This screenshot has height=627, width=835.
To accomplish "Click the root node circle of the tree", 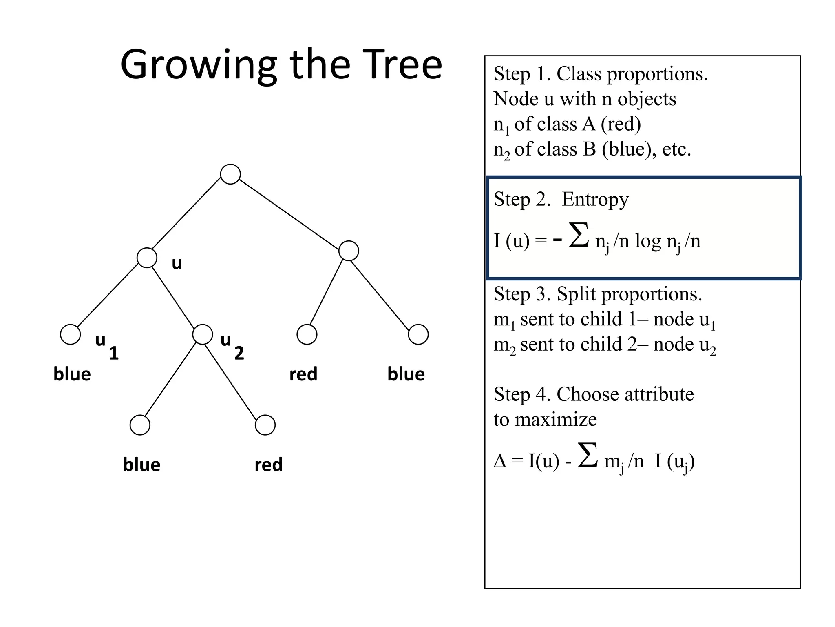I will pos(230,174).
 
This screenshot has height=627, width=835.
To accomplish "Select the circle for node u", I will pos(147,258).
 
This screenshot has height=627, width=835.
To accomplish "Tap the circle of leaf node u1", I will pos(70,335).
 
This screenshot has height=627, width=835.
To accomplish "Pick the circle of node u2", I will pos(202,335).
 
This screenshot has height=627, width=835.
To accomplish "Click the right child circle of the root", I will pos(349,251).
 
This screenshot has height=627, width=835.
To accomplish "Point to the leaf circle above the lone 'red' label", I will pos(307,335).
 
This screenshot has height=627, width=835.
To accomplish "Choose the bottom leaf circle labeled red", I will pos(265,425).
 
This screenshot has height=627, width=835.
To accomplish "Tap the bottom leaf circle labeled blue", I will pos(140,425).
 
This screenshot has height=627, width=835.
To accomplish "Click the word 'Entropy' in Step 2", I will pos(595,199).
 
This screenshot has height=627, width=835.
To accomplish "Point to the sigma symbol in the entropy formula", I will pos(579,236).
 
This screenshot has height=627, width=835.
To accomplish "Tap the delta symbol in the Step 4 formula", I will pos(499,461).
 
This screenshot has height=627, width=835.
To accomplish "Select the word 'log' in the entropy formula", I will pos(647,241).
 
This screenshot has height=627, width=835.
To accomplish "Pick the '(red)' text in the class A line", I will pos(621,124).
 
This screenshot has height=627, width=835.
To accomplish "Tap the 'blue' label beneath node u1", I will pos(72,374).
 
